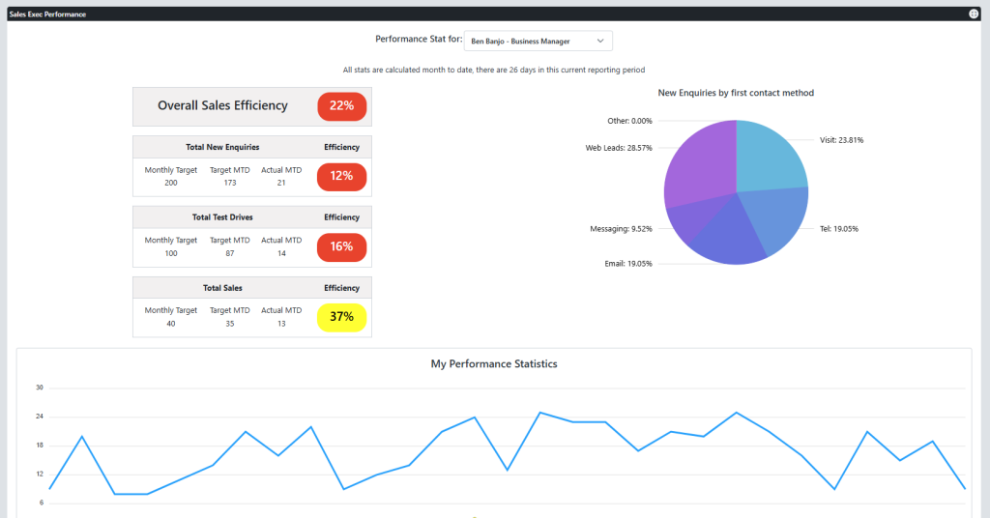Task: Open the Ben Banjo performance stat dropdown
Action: pos(538,42)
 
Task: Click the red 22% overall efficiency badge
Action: pos(341,105)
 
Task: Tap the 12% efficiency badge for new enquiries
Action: pos(341,177)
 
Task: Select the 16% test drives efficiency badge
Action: pos(341,246)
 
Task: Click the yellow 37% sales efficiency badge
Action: pos(341,317)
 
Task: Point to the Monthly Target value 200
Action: pos(171,183)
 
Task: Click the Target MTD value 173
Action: pos(229,183)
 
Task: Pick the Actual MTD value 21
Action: pos(281,183)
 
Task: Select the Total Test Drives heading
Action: pos(222,217)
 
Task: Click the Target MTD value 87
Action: pos(229,252)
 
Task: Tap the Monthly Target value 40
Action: pos(171,323)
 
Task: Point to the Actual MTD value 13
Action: pos(281,323)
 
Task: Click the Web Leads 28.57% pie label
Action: pos(619,148)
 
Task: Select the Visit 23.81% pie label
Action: pos(841,140)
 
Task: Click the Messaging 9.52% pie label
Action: pos(621,229)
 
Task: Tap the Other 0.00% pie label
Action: pos(629,121)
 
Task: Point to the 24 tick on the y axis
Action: pos(40,417)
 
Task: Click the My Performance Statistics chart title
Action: pos(494,364)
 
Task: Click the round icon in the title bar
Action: pos(974,14)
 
